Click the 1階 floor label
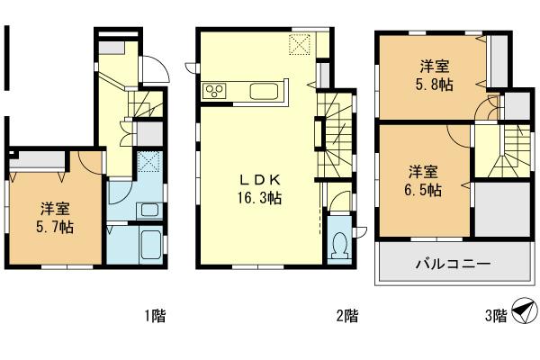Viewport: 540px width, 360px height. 154,316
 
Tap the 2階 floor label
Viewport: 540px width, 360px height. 347,316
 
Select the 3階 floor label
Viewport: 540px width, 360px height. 495,316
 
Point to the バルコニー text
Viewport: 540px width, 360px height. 452,265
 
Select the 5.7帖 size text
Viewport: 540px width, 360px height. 55,227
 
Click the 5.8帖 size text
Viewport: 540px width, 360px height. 435,84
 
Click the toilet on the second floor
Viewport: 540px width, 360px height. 339,244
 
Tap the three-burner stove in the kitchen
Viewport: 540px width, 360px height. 218,90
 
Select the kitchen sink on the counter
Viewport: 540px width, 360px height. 265,91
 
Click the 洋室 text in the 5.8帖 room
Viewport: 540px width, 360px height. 435,66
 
